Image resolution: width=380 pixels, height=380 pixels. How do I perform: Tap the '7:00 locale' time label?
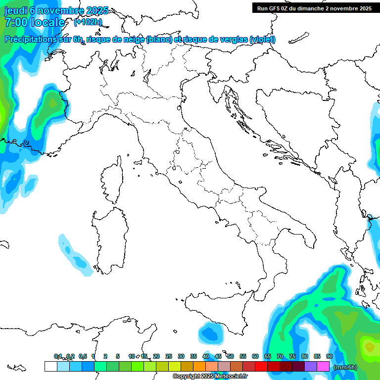click(35, 22)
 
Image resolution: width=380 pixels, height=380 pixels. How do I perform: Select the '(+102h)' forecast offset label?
click(88, 22)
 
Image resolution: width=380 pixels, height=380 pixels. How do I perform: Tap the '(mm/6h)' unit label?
click(345, 367)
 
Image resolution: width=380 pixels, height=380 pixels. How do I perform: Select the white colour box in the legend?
click(50, 367)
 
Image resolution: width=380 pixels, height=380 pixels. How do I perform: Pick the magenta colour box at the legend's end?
click(323, 367)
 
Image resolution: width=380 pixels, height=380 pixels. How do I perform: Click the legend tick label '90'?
click(330, 356)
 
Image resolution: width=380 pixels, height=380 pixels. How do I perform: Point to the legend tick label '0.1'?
click(58, 356)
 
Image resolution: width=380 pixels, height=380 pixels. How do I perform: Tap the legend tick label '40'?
click(206, 356)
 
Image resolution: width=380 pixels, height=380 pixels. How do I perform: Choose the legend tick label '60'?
click(255, 356)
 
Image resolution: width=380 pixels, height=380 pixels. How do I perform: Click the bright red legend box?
click(261, 367)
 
